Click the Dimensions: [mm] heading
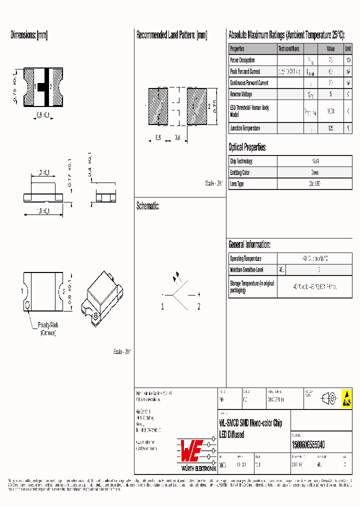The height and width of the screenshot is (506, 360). [29, 35]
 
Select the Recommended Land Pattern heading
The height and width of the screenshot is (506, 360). [171, 35]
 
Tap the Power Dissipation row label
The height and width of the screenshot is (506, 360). [242, 60]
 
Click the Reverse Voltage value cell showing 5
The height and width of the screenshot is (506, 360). [330, 94]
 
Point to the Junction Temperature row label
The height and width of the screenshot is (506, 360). [245, 128]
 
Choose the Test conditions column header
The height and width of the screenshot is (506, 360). [289, 49]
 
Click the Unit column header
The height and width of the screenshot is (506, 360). [347, 49]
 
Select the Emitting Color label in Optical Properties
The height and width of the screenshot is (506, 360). [239, 172]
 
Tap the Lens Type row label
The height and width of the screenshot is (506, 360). [237, 184]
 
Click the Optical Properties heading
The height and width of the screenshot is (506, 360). [247, 147]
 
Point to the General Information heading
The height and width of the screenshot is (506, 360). [249, 244]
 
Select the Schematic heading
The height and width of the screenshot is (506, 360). [147, 206]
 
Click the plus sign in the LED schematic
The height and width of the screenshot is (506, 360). [198, 294]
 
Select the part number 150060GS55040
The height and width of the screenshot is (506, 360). [308, 444]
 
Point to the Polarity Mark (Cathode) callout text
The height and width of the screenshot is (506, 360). [48, 328]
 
